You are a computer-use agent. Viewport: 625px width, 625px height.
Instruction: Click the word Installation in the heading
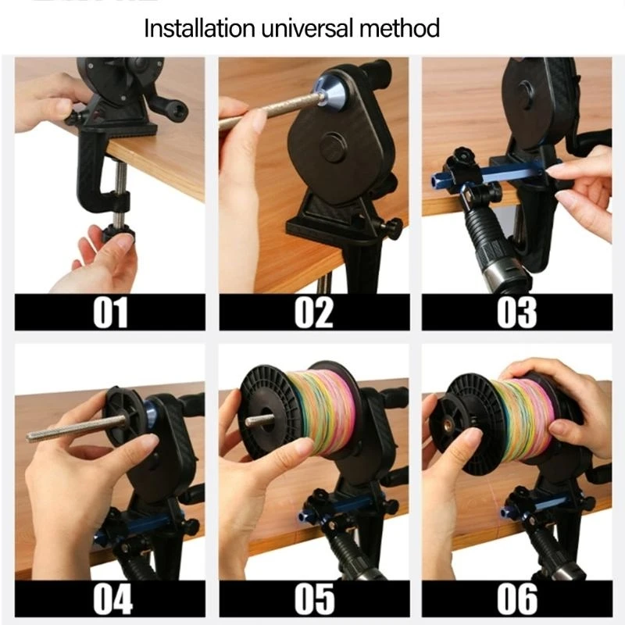[199, 30]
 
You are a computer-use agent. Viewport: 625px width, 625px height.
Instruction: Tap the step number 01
[110, 311]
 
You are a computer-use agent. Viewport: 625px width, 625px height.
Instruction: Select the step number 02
[313, 311]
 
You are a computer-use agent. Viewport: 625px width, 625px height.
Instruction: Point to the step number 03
[516, 311]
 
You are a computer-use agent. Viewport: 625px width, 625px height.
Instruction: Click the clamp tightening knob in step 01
[116, 232]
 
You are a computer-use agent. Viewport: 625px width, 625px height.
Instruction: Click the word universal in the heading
[310, 30]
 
